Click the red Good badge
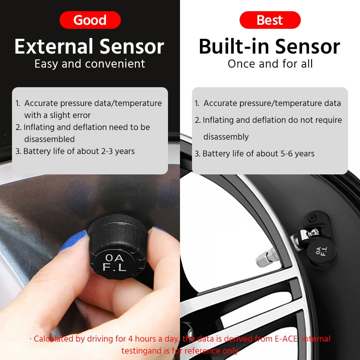tap(90, 20)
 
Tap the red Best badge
tap(270, 20)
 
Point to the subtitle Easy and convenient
tap(90, 64)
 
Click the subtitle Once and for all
tap(270, 64)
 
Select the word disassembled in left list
tap(49, 139)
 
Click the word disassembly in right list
tap(226, 137)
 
